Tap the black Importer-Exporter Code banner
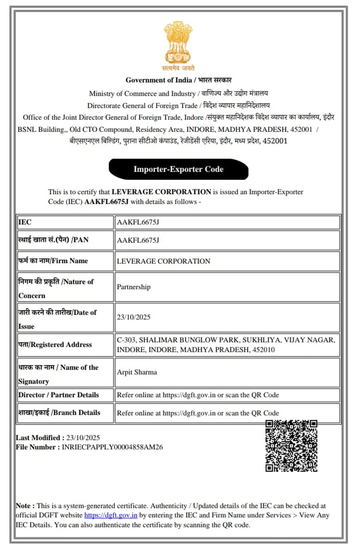click(179, 169)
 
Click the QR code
click(291, 446)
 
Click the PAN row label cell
click(66, 240)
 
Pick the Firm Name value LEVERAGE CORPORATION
click(164, 261)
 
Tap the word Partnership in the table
click(134, 287)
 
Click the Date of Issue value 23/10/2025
click(134, 317)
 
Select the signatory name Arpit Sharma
click(137, 372)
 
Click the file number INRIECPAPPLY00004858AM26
click(112, 447)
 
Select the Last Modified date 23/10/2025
click(80, 438)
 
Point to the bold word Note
click(24, 506)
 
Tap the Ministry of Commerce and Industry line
click(142, 93)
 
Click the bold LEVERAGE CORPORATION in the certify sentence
click(161, 192)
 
